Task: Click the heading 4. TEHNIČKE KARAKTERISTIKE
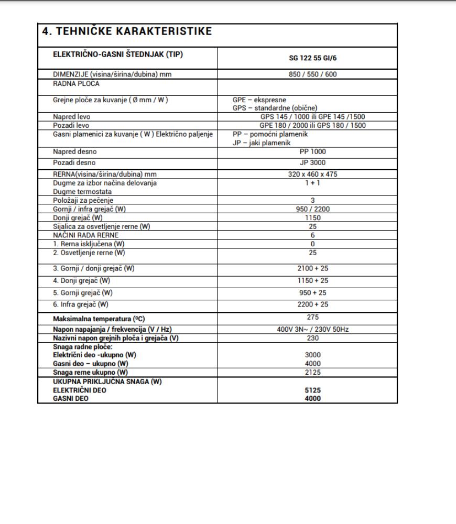(126, 31)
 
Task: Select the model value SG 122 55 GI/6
(312, 59)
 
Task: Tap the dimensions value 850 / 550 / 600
(312, 74)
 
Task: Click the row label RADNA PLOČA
(77, 83)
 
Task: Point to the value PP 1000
(312, 152)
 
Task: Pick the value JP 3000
(312, 162)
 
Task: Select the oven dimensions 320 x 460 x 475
(312, 174)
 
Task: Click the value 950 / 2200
(312, 209)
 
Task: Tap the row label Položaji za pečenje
(83, 200)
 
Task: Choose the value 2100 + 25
(312, 268)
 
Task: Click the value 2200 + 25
(312, 304)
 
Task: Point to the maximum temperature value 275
(312, 317)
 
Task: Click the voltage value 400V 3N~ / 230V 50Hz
(312, 329)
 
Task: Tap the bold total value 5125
(312, 390)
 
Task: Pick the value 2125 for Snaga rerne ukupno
(312, 372)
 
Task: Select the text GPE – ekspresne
(259, 100)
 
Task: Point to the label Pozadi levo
(71, 125)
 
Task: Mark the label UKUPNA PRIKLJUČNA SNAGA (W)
(107, 381)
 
